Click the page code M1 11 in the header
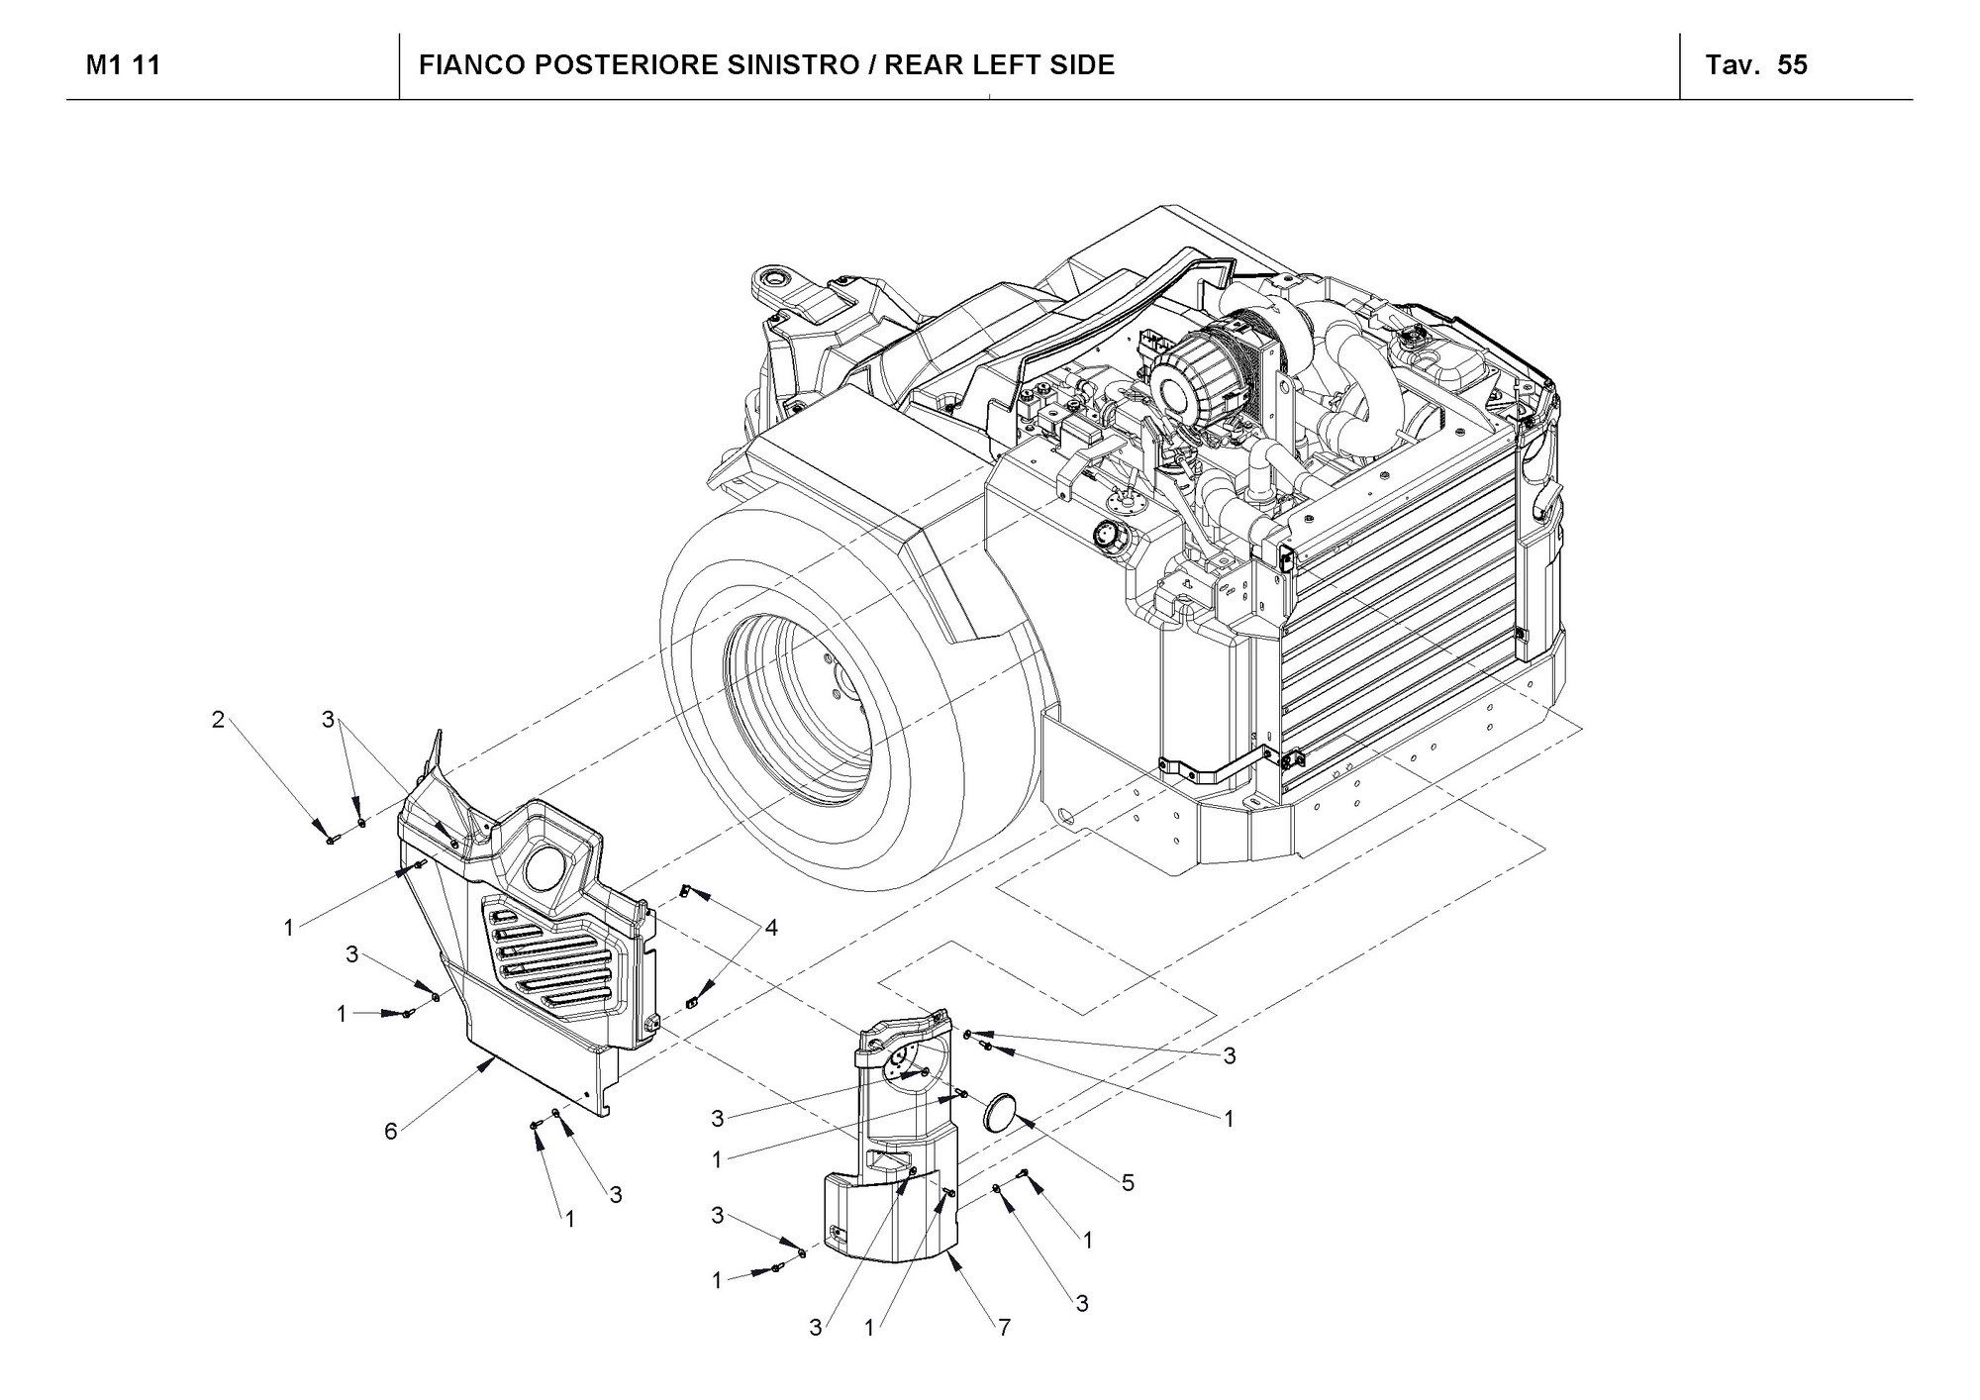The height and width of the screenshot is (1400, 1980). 124,65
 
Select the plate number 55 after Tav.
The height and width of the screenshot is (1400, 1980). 1792,65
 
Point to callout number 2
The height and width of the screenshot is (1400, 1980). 218,720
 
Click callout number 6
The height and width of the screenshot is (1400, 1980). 391,1131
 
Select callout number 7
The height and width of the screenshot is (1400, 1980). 1004,1327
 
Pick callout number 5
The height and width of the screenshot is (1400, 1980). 1128,1182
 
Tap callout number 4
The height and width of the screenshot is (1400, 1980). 770,928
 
